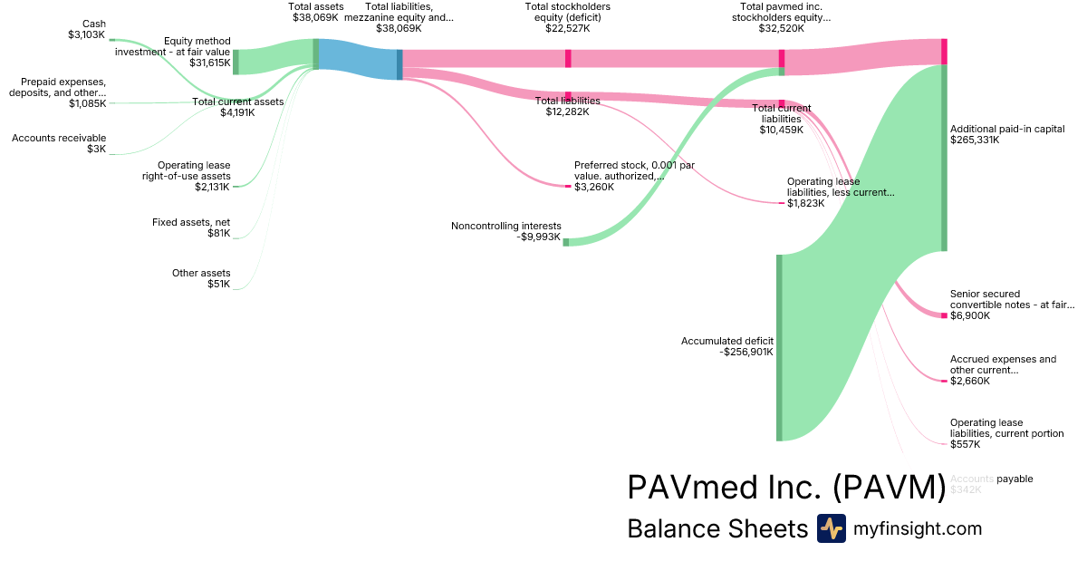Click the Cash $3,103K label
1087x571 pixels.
tap(86, 29)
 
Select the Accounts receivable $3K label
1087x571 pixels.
tap(59, 143)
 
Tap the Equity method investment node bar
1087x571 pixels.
tap(236, 62)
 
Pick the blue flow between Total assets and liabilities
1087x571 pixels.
tap(357, 60)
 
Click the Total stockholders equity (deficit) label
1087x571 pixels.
tap(568, 16)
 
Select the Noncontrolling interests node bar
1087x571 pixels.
tap(566, 242)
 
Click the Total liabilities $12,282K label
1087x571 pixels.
tap(567, 106)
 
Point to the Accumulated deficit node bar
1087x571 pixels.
tap(779, 348)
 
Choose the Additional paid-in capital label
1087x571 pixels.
tap(1006, 134)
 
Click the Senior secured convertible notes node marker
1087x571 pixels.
tap(944, 315)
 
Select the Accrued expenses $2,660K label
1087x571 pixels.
tap(1003, 370)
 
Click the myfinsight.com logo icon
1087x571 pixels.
tap(832, 528)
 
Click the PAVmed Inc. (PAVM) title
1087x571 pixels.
tap(786, 488)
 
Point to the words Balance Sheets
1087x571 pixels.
tap(717, 529)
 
